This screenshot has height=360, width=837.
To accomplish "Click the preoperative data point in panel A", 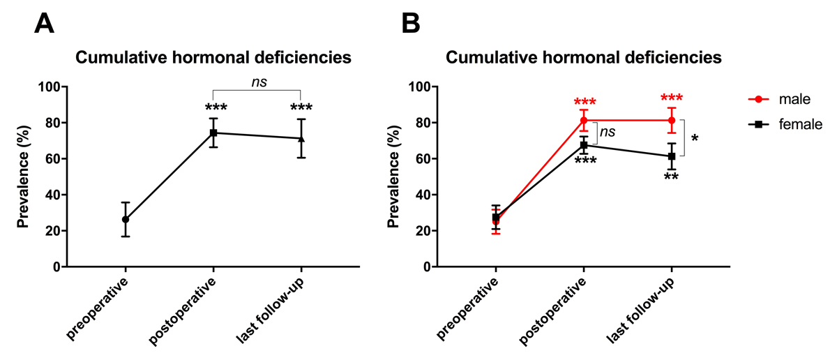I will (x=126, y=219).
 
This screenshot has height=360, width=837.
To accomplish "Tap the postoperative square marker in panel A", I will (x=213, y=133).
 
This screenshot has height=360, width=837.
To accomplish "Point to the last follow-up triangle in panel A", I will (x=301, y=138).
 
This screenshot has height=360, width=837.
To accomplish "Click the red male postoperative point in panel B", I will (x=584, y=120).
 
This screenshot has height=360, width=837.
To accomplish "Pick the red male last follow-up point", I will (x=672, y=120).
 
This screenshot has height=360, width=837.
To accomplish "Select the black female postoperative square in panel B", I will (x=584, y=145).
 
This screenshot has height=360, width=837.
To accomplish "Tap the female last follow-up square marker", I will (x=672, y=156).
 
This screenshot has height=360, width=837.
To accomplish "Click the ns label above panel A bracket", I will (x=259, y=82).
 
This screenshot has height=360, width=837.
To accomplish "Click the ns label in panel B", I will (x=608, y=131).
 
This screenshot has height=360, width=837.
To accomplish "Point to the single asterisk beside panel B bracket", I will (x=694, y=139).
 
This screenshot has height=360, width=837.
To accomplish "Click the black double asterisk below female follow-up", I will (x=672, y=178).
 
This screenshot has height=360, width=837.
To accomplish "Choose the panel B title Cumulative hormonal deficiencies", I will (x=583, y=57).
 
